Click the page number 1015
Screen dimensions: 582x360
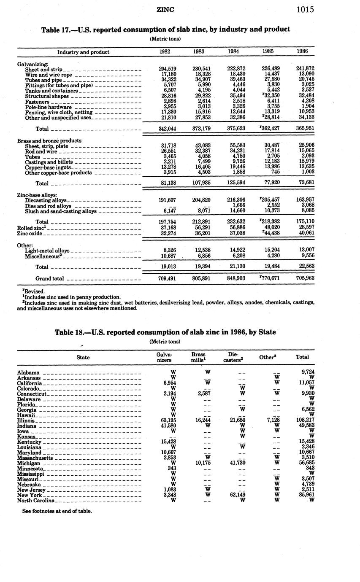click(305, 10)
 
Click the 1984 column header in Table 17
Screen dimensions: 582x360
click(233, 51)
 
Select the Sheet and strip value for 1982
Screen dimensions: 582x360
click(167, 69)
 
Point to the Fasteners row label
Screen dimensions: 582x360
click(38, 102)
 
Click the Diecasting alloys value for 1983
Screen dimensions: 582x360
click(199, 200)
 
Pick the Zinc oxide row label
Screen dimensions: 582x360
click(30, 233)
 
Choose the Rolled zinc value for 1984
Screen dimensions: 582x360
click(233, 227)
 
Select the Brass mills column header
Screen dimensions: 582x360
click(198, 357)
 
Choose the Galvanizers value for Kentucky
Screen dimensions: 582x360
click(167, 442)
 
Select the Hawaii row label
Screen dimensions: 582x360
click(27, 415)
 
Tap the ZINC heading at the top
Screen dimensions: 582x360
click(165, 10)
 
